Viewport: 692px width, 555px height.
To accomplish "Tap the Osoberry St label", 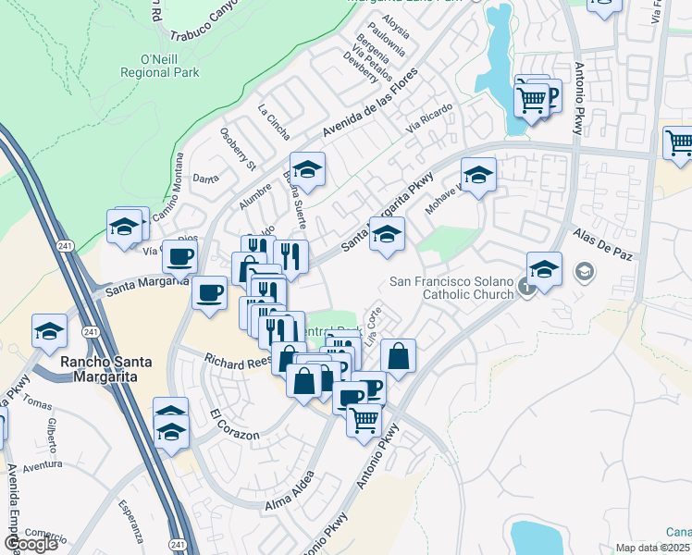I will click(238, 149).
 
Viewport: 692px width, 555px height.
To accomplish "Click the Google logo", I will click(31, 544).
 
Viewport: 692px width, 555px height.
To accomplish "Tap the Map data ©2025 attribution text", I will click(653, 548).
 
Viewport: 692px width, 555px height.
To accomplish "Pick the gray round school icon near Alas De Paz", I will click(584, 272).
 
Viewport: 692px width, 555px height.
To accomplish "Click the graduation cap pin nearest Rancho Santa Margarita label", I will click(49, 330).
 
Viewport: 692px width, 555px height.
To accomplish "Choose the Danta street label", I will click(204, 179).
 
